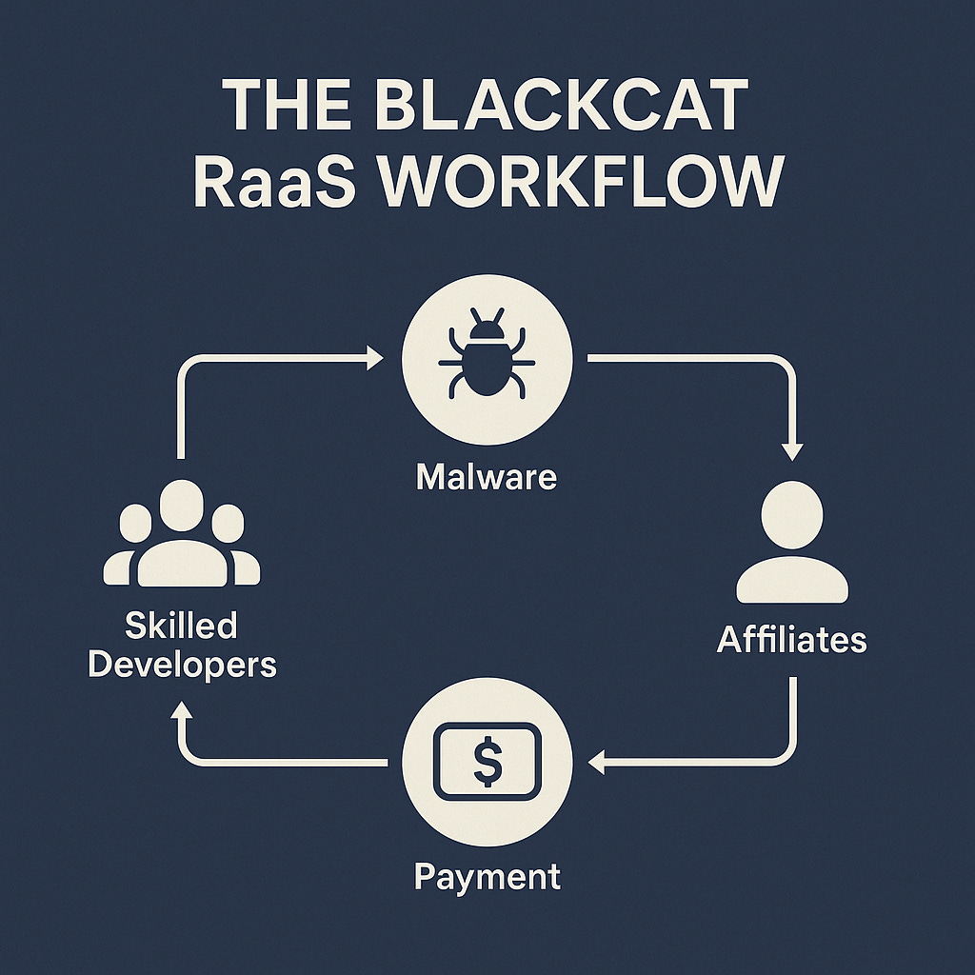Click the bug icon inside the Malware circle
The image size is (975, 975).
pyautogui.click(x=487, y=363)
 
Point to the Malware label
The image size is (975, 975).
pyautogui.click(x=487, y=476)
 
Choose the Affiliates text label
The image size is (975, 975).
pyautogui.click(x=792, y=640)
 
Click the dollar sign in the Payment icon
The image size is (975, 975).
pyautogui.click(x=487, y=761)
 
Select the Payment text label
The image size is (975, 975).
pyautogui.click(x=487, y=876)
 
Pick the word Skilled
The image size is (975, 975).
pyautogui.click(x=181, y=626)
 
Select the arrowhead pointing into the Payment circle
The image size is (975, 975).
pyautogui.click(x=597, y=761)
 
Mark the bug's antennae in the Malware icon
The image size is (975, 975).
pyautogui.click(x=487, y=326)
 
